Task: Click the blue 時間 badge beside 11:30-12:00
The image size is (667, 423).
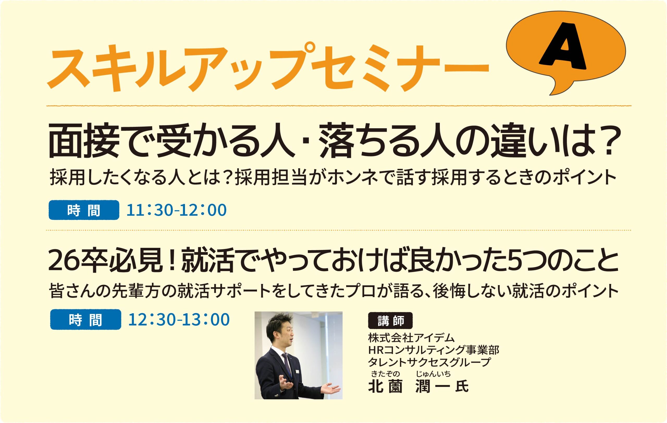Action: pyautogui.click(x=84, y=210)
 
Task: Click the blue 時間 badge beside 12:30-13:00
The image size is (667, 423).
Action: pyautogui.click(x=86, y=319)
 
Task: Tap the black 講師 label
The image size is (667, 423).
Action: pyautogui.click(x=390, y=321)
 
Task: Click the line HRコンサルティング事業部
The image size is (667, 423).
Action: pyautogui.click(x=434, y=350)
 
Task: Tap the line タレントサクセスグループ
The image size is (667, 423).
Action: pyautogui.click(x=429, y=362)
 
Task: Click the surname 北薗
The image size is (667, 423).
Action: pyautogui.click(x=385, y=387)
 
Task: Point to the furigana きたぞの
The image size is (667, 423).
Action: pyautogui.click(x=385, y=374)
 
